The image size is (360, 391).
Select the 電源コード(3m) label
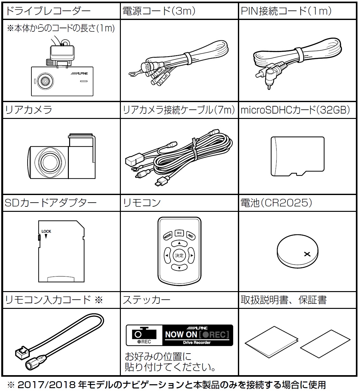159,11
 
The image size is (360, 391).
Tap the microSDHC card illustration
297,156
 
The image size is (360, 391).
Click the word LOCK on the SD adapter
46,231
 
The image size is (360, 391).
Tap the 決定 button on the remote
179,255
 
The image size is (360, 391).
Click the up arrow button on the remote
179,243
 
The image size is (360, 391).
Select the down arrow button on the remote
179,268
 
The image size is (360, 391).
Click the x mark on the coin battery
306,254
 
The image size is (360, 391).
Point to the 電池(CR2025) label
276,203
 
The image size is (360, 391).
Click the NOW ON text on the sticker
181,334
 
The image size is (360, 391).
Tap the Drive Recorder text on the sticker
197,343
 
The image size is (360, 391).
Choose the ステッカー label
147,300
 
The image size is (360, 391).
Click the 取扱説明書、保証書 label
284,300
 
